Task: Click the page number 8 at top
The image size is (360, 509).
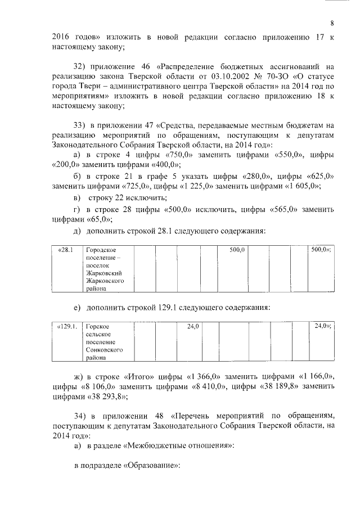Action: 332,23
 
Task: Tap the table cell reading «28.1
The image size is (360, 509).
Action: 66,249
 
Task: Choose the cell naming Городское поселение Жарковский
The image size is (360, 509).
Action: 107,269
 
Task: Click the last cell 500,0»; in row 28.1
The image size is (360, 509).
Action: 321,249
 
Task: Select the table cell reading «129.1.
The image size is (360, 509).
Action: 66,326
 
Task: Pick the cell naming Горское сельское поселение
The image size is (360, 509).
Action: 105,341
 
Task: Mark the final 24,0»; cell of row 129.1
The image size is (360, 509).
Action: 322,326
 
